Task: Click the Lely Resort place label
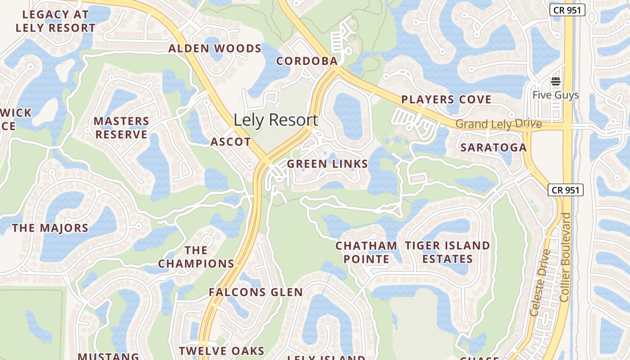pos(275,120)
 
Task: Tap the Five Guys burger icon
pos(556,82)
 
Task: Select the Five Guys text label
pos(556,95)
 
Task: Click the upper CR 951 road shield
pos(567,10)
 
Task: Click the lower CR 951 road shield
pos(566,190)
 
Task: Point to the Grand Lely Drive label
pos(498,124)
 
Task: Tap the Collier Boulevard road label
pos(566,257)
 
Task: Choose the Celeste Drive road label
pos(540,282)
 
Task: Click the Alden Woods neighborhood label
pos(215,49)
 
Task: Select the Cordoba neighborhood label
pos(307,61)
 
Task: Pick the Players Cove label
pos(446,99)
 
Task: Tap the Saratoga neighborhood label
pos(493,147)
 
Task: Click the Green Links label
pos(328,164)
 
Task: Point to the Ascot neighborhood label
pos(231,142)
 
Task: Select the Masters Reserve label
pos(121,128)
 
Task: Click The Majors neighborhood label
pos(50,228)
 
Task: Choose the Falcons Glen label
pos(256,292)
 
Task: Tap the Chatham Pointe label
pos(366,252)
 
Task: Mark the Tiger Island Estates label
pos(447,252)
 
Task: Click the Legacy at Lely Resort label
pos(55,21)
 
